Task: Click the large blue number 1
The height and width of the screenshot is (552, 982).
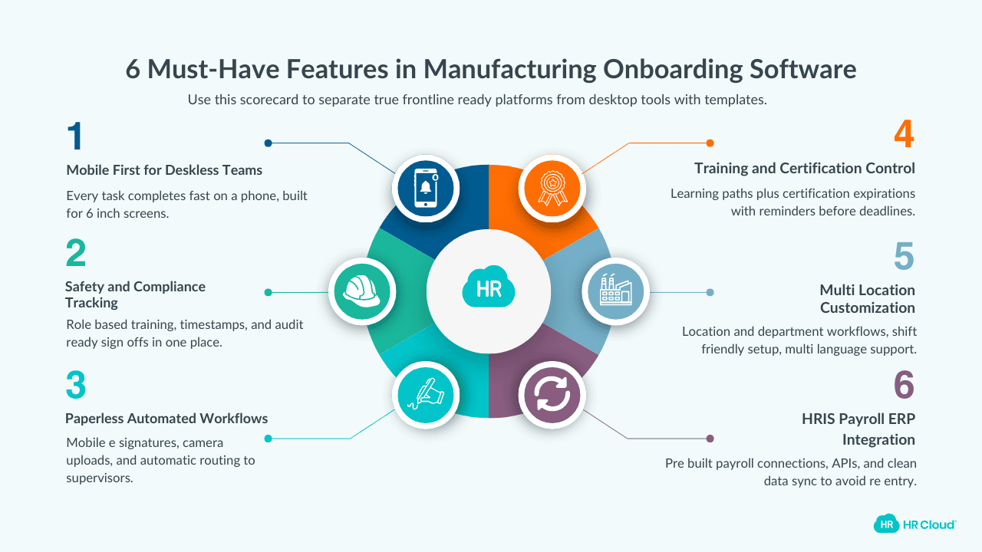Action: [74, 137]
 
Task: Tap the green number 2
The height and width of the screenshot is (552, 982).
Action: [76, 255]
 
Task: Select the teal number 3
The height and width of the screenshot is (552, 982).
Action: [76, 386]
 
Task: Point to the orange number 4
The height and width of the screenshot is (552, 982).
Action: [904, 135]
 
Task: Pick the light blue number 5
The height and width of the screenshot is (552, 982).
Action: [904, 258]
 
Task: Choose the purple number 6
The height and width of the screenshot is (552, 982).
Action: [905, 386]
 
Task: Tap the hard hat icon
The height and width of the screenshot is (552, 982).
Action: [361, 291]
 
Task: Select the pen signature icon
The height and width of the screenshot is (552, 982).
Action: [426, 395]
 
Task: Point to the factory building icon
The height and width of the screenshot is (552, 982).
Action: [615, 291]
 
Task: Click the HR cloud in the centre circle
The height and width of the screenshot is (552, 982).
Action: [489, 288]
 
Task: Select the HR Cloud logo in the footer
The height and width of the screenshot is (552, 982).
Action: [914, 524]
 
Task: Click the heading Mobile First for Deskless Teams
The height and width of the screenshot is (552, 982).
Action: [164, 170]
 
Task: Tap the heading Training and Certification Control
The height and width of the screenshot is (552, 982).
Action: [805, 168]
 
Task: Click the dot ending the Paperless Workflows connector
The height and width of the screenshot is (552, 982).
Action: [268, 439]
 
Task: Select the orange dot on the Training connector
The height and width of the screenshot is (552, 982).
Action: [710, 143]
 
